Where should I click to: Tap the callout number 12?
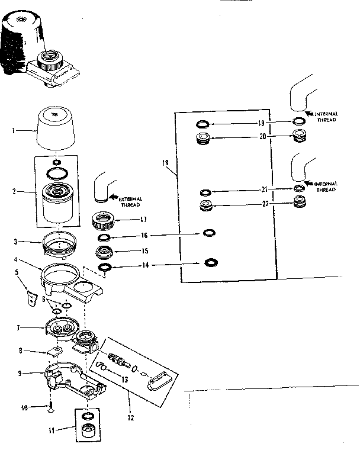130,418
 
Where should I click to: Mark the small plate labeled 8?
54,352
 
